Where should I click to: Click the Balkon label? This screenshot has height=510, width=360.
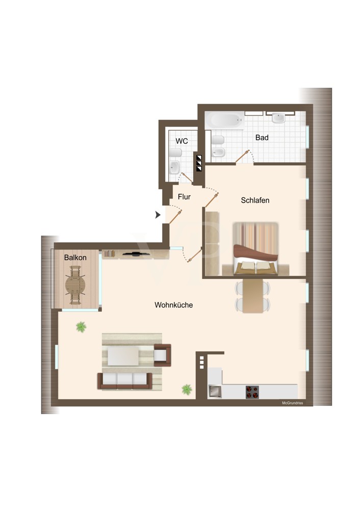(x=75, y=257)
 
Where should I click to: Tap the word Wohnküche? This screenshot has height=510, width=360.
(x=174, y=305)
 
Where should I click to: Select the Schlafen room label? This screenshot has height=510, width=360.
(x=255, y=200)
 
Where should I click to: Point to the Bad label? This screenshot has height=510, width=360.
(x=262, y=138)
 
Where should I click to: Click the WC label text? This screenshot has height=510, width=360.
(x=182, y=141)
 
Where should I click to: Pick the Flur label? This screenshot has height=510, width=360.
(x=184, y=197)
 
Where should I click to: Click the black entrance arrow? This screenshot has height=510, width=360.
(x=158, y=215)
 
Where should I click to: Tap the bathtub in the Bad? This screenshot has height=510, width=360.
(x=225, y=120)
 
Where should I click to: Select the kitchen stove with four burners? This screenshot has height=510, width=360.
(x=252, y=392)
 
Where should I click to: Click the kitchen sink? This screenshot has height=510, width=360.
(x=215, y=392)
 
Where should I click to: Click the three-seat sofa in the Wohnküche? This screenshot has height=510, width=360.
(x=125, y=381)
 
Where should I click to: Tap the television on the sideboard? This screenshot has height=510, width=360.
(x=136, y=253)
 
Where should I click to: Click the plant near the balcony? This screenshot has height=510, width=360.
(x=81, y=326)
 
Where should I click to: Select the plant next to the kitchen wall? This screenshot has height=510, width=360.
(x=187, y=389)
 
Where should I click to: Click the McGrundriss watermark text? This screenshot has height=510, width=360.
(x=292, y=403)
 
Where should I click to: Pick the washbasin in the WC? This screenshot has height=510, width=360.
(x=174, y=167)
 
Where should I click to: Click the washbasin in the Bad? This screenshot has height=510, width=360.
(x=278, y=118)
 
